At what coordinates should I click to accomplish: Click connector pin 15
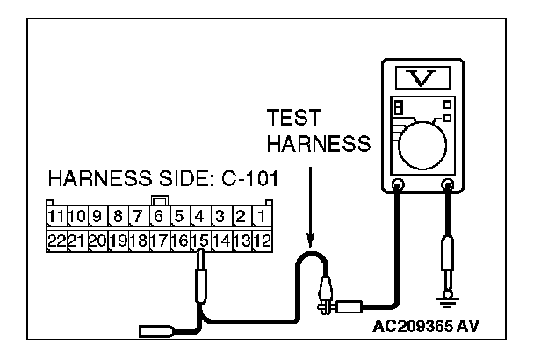click(x=200, y=238)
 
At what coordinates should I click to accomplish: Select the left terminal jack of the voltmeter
click(x=398, y=185)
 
